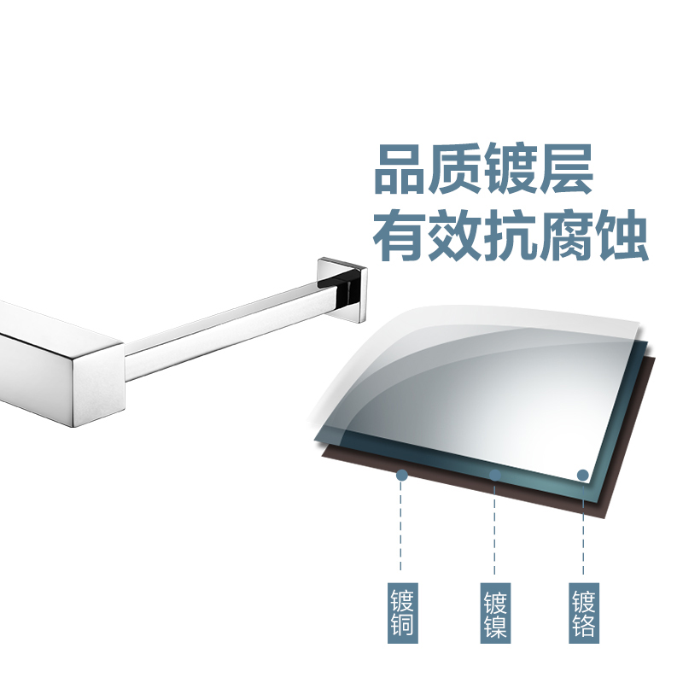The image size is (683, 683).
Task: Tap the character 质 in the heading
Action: click(454, 169)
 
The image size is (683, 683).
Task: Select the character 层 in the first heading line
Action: click(566, 169)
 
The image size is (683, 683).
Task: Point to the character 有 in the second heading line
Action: click(399, 236)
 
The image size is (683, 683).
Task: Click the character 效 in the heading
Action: click(455, 236)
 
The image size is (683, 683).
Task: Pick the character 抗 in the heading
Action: click(511, 236)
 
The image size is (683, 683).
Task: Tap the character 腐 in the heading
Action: click(566, 236)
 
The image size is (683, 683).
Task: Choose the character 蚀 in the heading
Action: click(622, 236)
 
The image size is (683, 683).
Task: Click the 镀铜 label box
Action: click(402, 613)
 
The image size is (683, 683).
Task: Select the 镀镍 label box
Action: click(495, 613)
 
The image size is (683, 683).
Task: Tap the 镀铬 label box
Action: click(584, 613)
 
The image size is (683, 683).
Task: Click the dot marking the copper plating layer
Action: click(402, 476)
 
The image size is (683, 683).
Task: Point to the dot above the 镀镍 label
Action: click(495, 476)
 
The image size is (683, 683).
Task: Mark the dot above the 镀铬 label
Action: click(583, 476)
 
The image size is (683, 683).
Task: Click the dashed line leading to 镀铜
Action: click(400, 526)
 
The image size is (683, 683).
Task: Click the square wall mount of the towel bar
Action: click(342, 290)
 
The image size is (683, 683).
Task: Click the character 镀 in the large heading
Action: click(511, 169)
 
